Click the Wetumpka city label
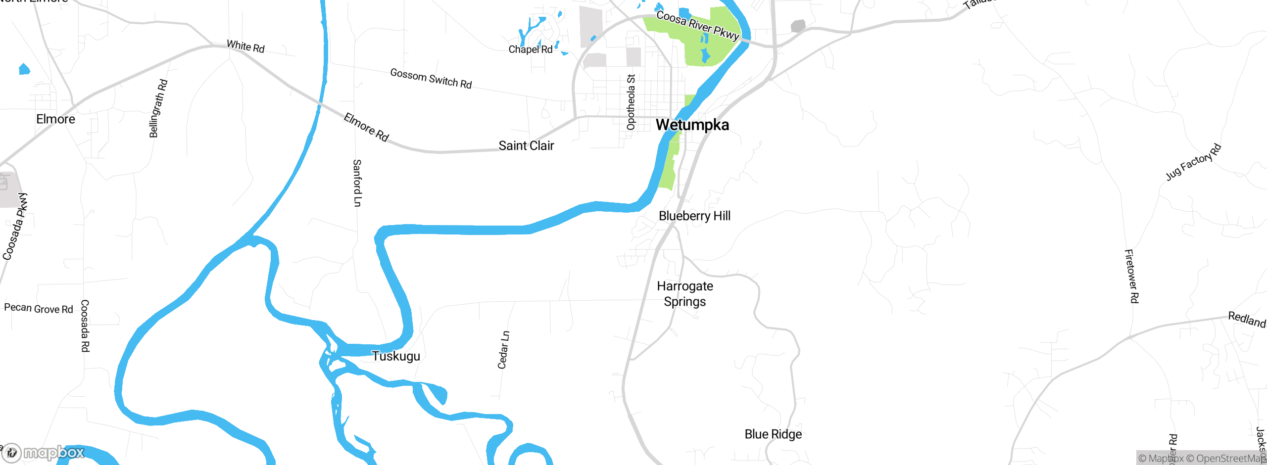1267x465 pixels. coord(692,125)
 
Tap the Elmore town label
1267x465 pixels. coord(55,119)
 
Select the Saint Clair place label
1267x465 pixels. coord(526,145)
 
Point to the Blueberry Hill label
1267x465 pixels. coord(694,216)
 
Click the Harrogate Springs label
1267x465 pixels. coord(685,294)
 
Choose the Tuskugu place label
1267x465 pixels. coord(396,356)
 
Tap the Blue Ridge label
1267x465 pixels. coord(773,434)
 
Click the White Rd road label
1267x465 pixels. coord(245,46)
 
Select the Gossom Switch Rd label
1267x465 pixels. coord(431,79)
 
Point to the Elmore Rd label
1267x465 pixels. coord(366,127)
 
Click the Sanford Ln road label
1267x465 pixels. coord(357,183)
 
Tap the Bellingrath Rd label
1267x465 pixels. coord(158,108)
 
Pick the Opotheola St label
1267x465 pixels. coord(631,102)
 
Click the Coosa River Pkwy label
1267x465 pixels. coord(697,25)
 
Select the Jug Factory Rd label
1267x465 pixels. coord(1193,162)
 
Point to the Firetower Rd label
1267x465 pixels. coord(1131,276)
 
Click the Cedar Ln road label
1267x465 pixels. coord(503,350)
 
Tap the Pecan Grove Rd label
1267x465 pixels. coord(39,308)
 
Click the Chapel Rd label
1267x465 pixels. coord(530,49)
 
